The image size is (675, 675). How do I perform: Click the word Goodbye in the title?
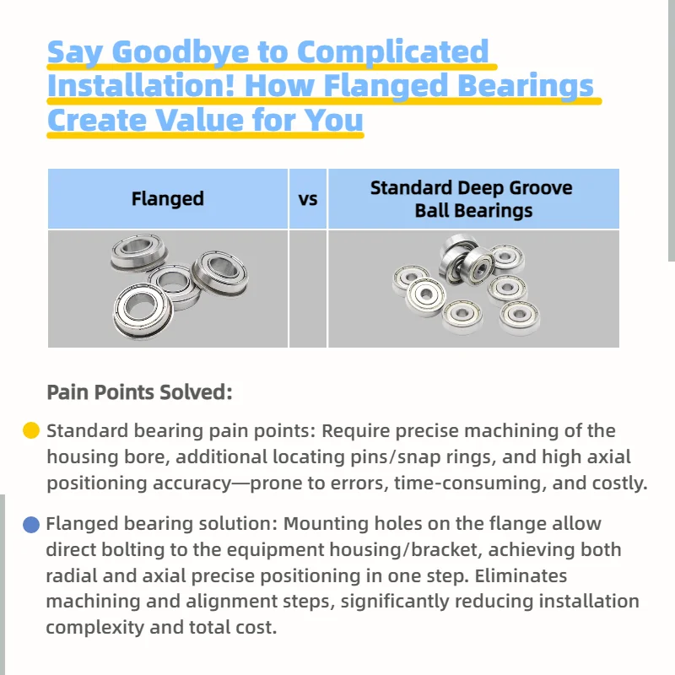181,52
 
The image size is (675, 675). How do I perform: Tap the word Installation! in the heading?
141,85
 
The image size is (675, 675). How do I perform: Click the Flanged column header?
167,199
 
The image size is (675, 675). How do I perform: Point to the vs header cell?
308,199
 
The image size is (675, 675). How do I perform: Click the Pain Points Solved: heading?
139,392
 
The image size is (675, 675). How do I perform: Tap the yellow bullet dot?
31,430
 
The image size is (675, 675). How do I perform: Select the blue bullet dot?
31,524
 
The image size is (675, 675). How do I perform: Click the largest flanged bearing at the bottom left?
143,310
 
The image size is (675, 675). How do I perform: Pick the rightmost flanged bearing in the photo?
219,272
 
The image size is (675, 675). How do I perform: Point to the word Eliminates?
521,576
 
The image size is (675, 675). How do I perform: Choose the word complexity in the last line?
95,628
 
